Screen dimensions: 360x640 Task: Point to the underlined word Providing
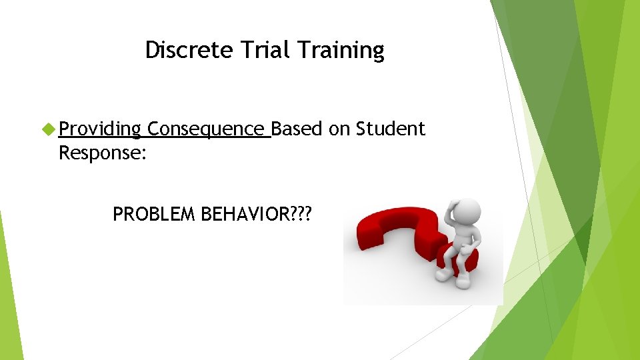(100, 129)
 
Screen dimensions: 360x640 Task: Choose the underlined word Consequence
(207, 129)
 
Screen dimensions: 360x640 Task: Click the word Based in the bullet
(297, 129)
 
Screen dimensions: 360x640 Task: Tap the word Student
(391, 129)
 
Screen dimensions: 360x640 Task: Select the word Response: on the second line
(103, 153)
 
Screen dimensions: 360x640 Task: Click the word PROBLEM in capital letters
(154, 214)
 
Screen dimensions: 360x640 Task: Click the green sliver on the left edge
(10, 300)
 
